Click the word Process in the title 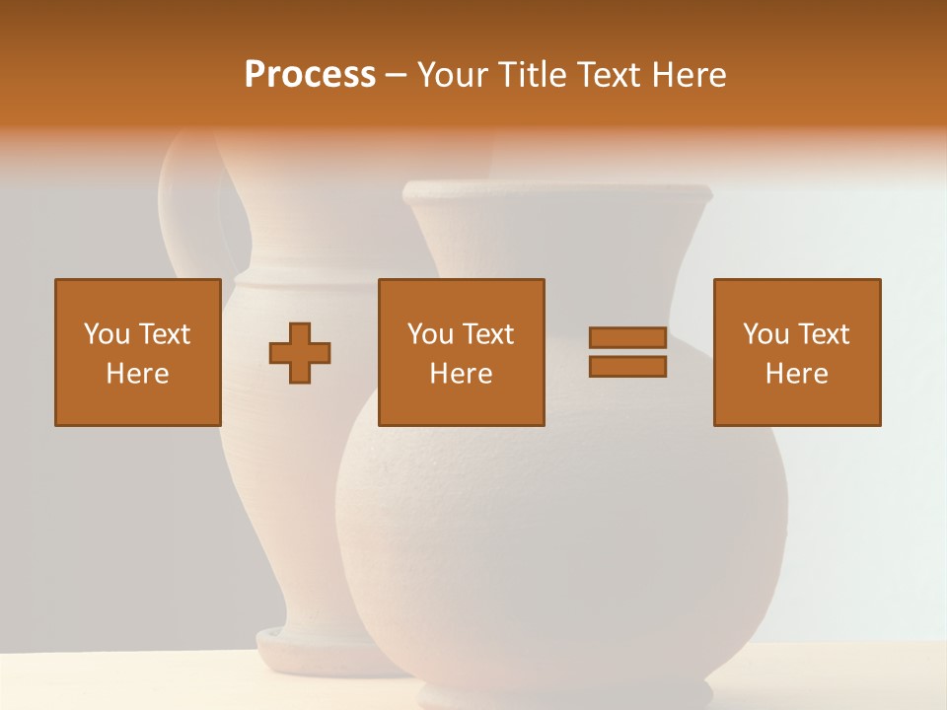[x=310, y=75]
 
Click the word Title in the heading [x=529, y=75]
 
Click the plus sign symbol [x=300, y=352]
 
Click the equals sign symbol [x=627, y=352]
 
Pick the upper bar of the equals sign [x=627, y=338]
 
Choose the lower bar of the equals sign [x=627, y=366]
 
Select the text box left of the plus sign [x=137, y=352]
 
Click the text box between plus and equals [x=461, y=352]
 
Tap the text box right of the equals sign [x=796, y=352]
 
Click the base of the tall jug [x=316, y=646]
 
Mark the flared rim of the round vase [x=557, y=192]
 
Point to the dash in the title [x=396, y=75]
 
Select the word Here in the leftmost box [x=137, y=374]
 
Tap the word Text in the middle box [x=487, y=334]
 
